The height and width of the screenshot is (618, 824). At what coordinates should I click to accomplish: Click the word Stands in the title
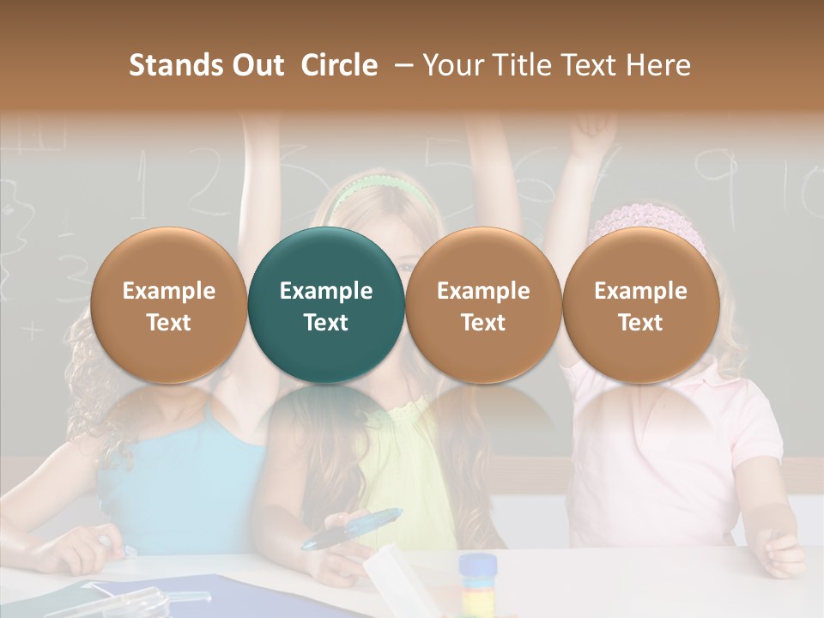[177, 65]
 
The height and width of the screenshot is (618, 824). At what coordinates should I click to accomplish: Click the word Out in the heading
[257, 65]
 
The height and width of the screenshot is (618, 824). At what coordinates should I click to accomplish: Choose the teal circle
[326, 306]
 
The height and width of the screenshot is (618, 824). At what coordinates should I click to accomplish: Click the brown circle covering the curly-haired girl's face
[168, 306]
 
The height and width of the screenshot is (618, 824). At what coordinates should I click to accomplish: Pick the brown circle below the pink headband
[640, 306]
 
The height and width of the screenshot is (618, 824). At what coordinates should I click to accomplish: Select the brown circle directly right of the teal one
[483, 306]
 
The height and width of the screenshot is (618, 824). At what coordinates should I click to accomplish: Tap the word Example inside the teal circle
[326, 291]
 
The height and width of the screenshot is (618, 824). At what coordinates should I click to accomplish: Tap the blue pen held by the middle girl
[352, 529]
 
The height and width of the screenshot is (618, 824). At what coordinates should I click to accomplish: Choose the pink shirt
[661, 446]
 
